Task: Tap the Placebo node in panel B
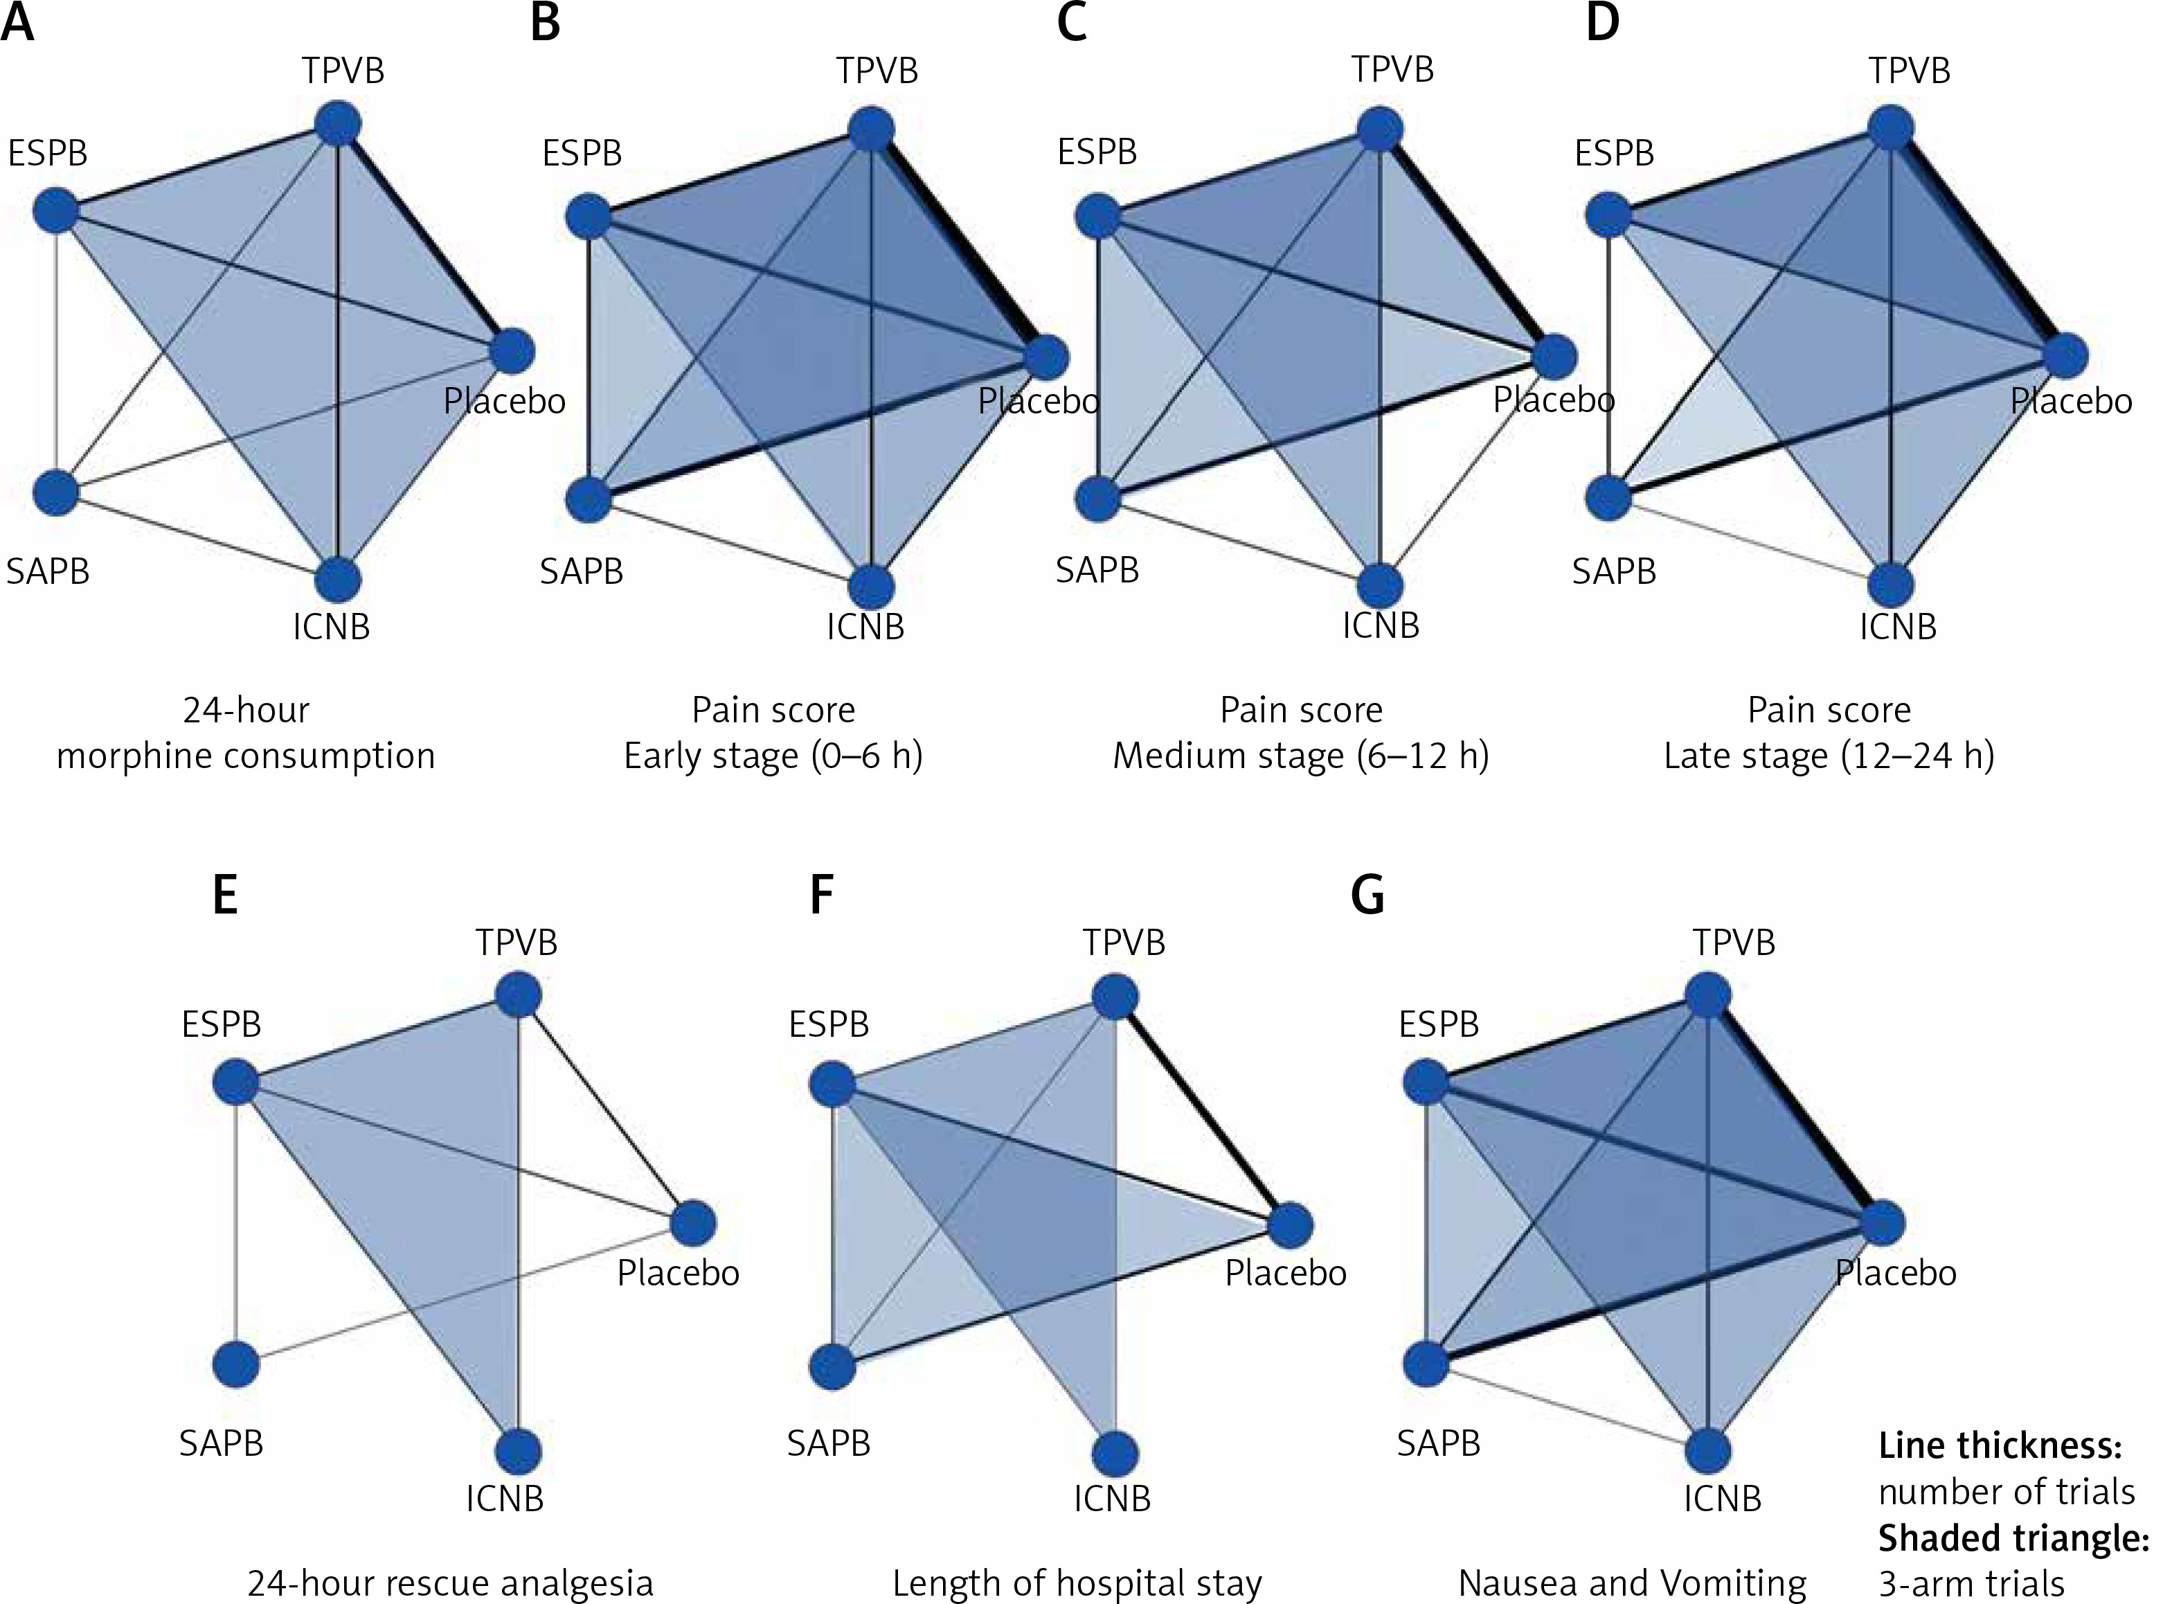(1046, 357)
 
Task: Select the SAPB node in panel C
(1099, 499)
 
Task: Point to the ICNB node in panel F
(1116, 1454)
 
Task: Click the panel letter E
(225, 895)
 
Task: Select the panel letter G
(1367, 895)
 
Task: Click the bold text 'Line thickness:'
(2000, 1445)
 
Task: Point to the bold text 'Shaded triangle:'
(2013, 1538)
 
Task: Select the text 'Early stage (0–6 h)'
(773, 756)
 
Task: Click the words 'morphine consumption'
(246, 756)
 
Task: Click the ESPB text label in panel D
(1614, 152)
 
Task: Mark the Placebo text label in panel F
(1285, 1273)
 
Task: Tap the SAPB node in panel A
(55, 492)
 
